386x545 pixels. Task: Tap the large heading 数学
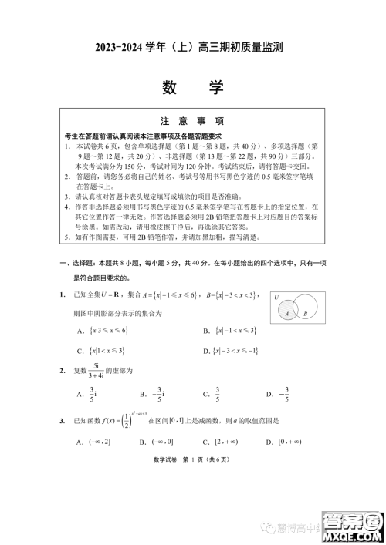(x=192, y=87)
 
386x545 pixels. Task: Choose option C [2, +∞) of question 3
(x=219, y=442)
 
